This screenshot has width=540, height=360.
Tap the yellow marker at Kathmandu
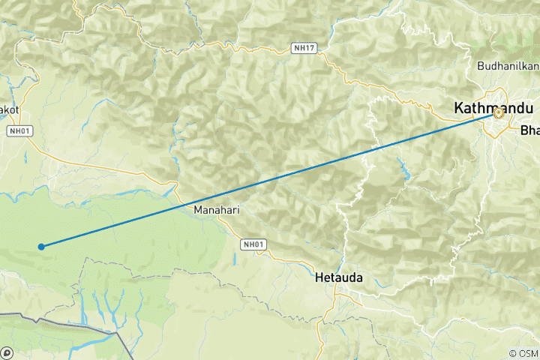[x=498, y=113]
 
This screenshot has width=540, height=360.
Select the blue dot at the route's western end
[x=41, y=246]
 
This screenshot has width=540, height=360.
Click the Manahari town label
[x=217, y=210]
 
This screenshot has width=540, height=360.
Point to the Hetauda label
[x=340, y=277]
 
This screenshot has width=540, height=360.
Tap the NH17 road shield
[x=304, y=49]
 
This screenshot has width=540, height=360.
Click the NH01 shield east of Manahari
[x=253, y=244]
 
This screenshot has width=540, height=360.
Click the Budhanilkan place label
[x=508, y=65]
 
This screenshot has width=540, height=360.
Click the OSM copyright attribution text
[x=523, y=353]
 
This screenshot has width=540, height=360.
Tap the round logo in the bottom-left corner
[x=7, y=352]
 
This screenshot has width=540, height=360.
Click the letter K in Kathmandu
[x=459, y=109]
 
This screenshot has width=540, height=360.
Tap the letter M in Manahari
[x=198, y=210]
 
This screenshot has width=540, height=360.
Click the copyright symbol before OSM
[x=512, y=353]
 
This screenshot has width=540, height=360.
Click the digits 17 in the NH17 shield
[x=309, y=49]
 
